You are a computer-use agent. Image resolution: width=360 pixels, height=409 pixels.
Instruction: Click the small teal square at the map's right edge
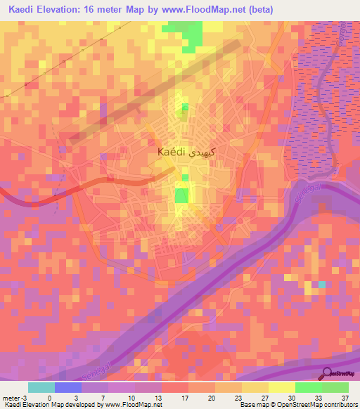coord(322,285)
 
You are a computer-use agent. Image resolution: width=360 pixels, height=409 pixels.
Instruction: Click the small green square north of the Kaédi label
coord(186,108)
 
